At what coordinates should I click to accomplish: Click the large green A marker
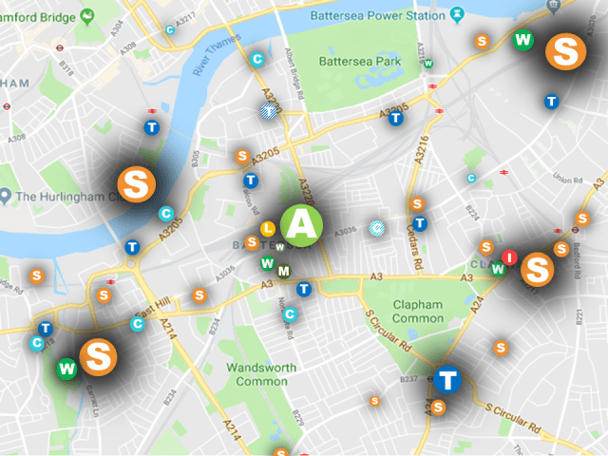[x=302, y=223]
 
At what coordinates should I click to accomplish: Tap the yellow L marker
[x=268, y=229]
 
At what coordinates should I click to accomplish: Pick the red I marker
[x=510, y=257]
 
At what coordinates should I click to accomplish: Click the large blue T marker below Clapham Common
[x=447, y=380]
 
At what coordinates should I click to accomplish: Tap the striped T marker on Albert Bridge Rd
[x=271, y=112]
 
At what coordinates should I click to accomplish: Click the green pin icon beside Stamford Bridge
[x=88, y=17]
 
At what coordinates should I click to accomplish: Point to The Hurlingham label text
[x=63, y=197]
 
